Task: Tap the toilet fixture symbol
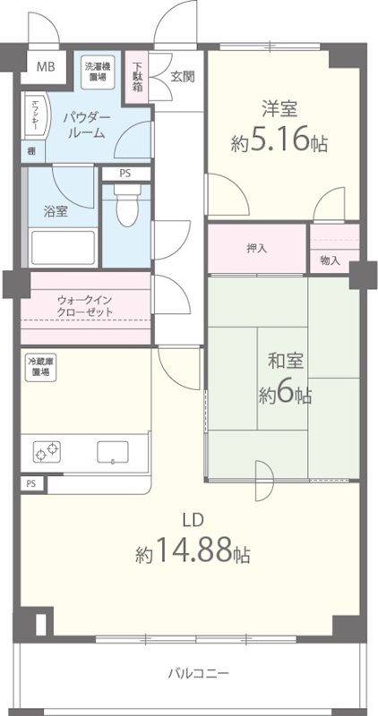coord(127,211)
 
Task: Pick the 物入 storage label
coord(331,260)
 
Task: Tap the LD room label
coord(191,518)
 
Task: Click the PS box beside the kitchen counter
coord(32,484)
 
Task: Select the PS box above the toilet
coord(123,175)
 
